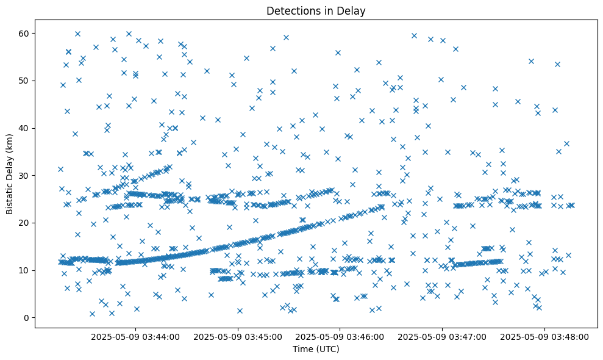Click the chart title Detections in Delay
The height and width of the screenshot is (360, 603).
[316, 10]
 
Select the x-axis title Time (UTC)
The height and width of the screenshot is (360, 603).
[316, 349]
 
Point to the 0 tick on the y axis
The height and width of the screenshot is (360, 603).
[27, 318]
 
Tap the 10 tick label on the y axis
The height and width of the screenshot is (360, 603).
[25, 270]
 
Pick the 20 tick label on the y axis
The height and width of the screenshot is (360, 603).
[25, 223]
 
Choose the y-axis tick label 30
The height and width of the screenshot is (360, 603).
[25, 176]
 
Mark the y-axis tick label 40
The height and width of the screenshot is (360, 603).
[25, 128]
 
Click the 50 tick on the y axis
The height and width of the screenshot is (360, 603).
[25, 81]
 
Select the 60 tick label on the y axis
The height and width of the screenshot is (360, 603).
[25, 33]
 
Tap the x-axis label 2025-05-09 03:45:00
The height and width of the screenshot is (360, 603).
[238, 336]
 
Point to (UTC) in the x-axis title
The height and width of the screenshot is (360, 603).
[326, 349]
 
